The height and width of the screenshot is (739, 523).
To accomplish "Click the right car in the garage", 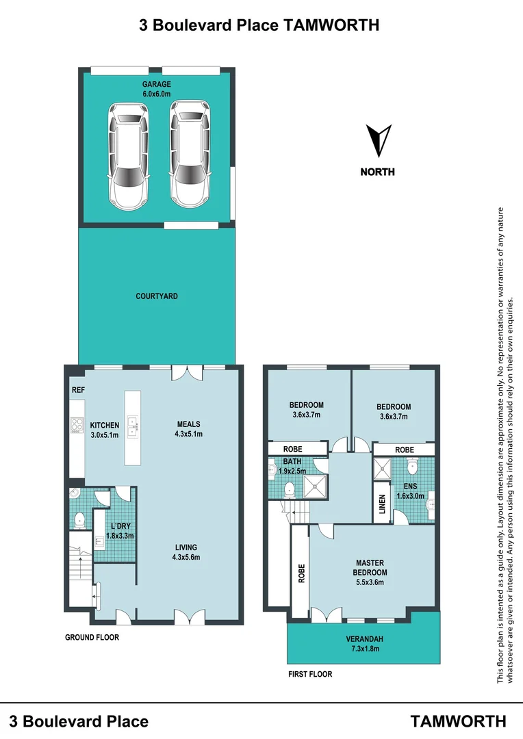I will [x=189, y=153].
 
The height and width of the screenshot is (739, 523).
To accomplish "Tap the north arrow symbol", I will [x=378, y=140].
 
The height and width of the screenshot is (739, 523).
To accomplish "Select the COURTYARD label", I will [x=157, y=296].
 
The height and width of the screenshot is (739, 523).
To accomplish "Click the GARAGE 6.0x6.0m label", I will [x=157, y=89].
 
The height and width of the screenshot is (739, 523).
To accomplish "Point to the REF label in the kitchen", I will [x=77, y=389].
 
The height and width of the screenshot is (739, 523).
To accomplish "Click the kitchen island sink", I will [x=133, y=428].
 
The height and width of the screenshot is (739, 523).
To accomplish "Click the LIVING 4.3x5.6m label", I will [x=186, y=552].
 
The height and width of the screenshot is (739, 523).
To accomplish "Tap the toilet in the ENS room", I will [x=411, y=468].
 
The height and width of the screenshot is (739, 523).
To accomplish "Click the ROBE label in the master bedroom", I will [x=300, y=573].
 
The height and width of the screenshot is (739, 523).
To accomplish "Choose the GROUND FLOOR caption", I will [x=92, y=637].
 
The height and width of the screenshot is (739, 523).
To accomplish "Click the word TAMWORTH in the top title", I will [x=331, y=25].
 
